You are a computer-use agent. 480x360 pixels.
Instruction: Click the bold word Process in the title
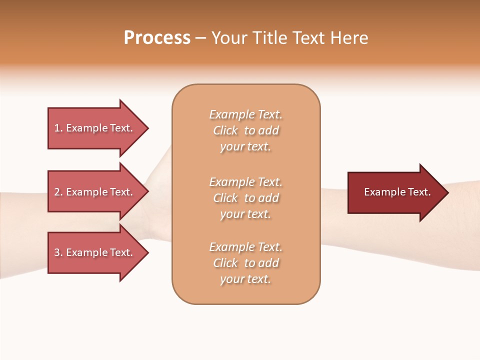coord(157,38)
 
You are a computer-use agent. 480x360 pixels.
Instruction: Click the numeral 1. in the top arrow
coord(58,128)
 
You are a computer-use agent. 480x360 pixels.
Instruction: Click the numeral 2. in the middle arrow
coord(58,192)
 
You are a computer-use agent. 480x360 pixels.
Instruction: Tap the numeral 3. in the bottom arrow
coord(58,252)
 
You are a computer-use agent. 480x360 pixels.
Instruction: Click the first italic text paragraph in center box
coord(245,130)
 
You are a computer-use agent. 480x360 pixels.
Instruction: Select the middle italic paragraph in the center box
coord(245,198)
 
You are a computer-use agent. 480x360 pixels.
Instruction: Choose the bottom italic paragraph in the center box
coord(245,263)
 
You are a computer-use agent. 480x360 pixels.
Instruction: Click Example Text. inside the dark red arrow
coord(397,192)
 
